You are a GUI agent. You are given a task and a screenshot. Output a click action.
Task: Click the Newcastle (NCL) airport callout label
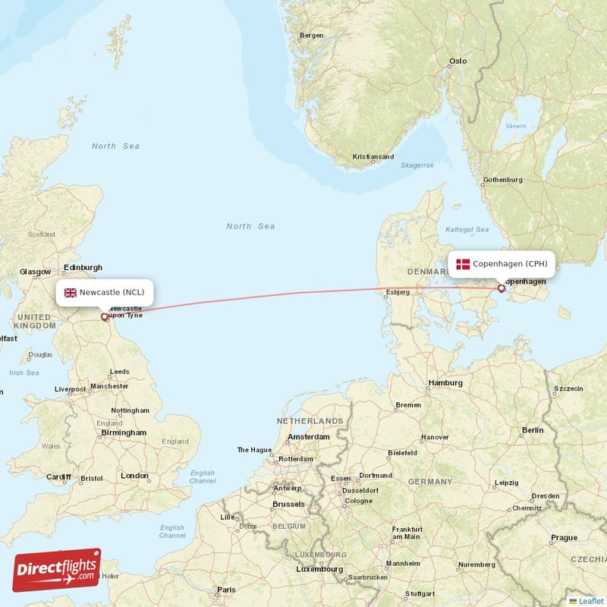105,293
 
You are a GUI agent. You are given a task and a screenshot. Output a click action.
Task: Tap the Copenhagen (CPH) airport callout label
502,264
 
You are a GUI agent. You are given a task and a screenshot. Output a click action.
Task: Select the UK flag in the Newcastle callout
71,293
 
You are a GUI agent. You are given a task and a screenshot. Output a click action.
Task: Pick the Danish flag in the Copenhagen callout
463,264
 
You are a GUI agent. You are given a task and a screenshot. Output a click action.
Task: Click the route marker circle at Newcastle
105,317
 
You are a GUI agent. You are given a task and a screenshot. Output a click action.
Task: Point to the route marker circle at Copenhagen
501,288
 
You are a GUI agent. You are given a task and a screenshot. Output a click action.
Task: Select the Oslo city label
458,61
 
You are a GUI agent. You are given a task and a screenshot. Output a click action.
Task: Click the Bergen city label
312,35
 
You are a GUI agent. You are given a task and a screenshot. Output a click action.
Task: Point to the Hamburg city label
445,383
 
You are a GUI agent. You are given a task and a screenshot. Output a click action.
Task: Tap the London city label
134,476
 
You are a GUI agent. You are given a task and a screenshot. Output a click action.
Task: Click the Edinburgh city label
83,268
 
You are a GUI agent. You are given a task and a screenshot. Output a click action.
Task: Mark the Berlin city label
533,430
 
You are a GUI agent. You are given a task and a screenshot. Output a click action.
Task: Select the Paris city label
226,590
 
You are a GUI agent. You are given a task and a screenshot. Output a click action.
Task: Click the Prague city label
565,538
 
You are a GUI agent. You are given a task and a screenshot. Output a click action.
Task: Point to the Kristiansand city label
373,157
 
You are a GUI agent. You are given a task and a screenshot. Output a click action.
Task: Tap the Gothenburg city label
502,180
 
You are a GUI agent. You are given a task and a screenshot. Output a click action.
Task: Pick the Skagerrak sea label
417,165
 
